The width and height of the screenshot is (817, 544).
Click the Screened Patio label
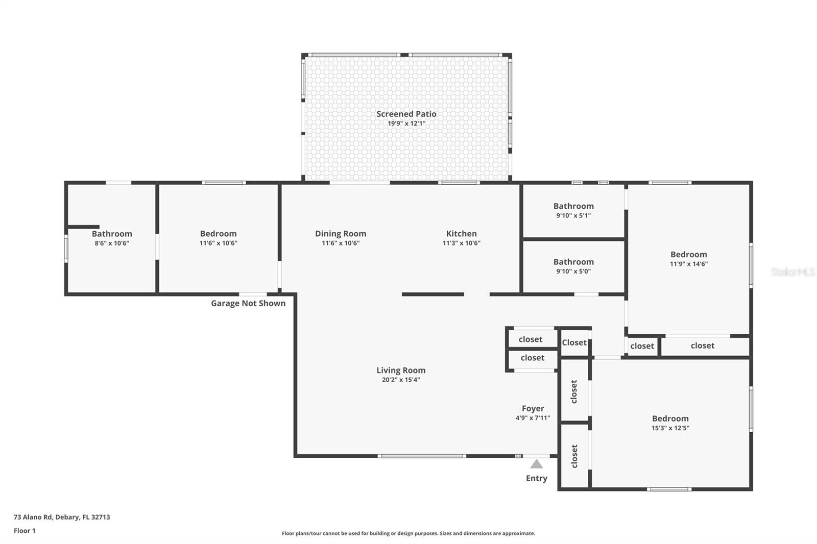(406, 114)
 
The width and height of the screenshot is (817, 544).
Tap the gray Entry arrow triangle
(536, 464)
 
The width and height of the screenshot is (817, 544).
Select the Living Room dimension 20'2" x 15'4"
(400, 380)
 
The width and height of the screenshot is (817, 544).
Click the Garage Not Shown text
(248, 303)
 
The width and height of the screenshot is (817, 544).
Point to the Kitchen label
(461, 233)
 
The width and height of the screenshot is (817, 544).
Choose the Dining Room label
(340, 233)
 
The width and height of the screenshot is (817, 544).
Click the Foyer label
(533, 408)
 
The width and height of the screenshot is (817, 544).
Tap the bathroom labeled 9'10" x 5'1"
(573, 210)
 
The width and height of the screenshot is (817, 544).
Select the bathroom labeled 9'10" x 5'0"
(573, 266)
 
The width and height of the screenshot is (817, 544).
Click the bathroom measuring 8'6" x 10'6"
(112, 238)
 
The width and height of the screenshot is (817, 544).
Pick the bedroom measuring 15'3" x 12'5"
(670, 423)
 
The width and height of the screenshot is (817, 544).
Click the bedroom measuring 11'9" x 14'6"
(688, 259)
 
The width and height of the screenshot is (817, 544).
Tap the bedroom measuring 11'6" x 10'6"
(218, 238)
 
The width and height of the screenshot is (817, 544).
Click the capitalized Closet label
(574, 342)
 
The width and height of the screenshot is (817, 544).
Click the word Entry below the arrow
(536, 478)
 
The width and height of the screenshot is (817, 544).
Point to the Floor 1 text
(25, 531)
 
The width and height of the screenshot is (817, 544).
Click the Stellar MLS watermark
(792, 272)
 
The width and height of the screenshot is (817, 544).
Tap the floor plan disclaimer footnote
(408, 533)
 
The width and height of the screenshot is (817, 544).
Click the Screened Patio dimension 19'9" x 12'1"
(406, 123)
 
